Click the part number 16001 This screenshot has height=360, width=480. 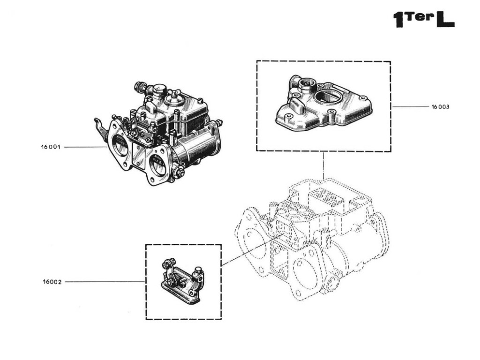point(51,147)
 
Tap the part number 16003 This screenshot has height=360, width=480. point(440,107)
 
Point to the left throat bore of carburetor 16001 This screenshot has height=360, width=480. point(120,142)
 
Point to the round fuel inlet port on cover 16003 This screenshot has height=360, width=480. point(307,85)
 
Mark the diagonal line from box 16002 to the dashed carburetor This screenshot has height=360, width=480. point(251,250)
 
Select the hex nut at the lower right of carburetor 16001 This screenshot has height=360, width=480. point(178,172)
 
